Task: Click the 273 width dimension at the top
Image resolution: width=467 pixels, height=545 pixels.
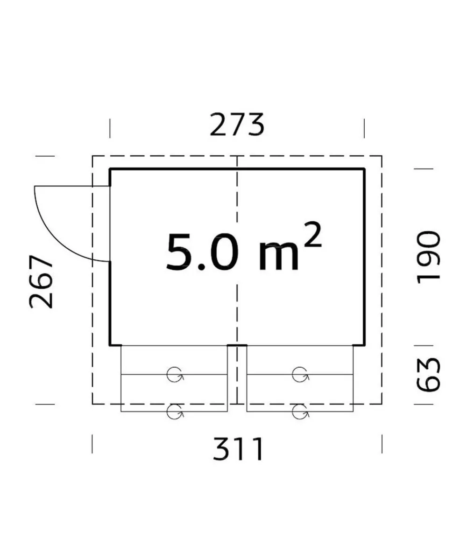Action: click(x=237, y=125)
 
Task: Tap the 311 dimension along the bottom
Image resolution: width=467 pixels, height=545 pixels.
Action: click(x=238, y=449)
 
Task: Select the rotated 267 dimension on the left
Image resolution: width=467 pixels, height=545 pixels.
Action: click(x=42, y=282)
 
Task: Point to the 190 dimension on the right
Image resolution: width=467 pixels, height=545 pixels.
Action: click(x=429, y=257)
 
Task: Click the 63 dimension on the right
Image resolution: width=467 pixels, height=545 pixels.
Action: click(x=429, y=375)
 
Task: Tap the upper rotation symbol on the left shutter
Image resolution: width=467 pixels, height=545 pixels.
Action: click(x=175, y=375)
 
